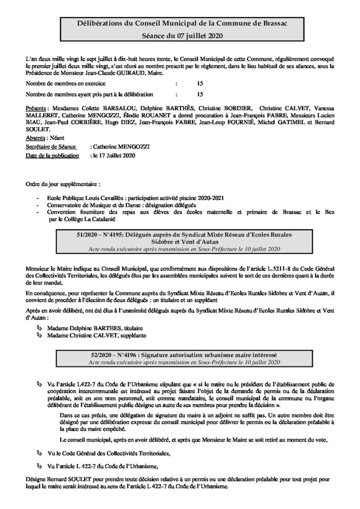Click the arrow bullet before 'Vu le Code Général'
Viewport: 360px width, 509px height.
[40, 453]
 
